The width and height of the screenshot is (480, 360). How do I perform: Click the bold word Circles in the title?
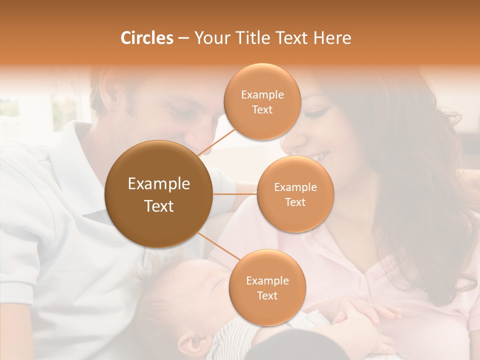[x=147, y=38]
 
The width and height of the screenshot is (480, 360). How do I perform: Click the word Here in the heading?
[x=332, y=38]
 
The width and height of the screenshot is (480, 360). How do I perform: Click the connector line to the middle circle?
[x=235, y=193]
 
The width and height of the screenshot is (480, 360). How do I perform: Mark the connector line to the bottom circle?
[x=215, y=246]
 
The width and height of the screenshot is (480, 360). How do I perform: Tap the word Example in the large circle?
[x=158, y=184]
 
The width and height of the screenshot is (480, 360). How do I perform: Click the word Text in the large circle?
[x=158, y=206]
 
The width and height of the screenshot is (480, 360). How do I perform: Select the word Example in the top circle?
[x=262, y=95]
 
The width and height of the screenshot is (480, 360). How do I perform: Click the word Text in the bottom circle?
[x=267, y=295]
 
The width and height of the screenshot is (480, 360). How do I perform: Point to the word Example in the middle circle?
[x=295, y=187]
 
